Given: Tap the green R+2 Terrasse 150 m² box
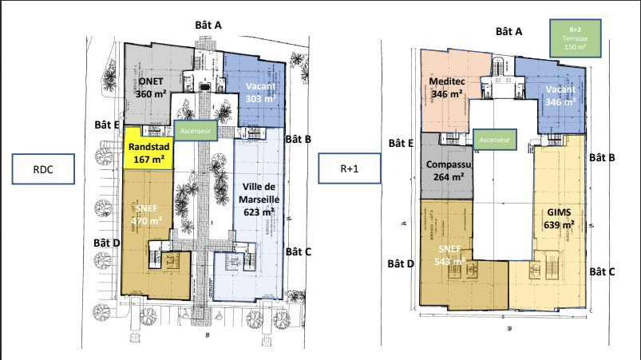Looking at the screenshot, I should pyautogui.click(x=575, y=38).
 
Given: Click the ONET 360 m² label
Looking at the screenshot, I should pyautogui.click(x=151, y=88).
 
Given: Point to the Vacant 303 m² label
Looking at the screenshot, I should pyautogui.click(x=261, y=93).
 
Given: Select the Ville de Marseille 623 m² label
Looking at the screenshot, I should pyautogui.click(x=259, y=200).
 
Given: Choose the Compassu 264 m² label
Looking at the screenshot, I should pyautogui.click(x=448, y=172).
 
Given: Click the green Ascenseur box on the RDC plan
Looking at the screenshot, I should pyautogui.click(x=196, y=130).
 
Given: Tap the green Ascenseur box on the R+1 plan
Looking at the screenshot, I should pyautogui.click(x=495, y=139).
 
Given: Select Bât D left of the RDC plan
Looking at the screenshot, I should pyautogui.click(x=105, y=242).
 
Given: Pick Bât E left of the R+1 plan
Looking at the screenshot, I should pyautogui.click(x=401, y=143).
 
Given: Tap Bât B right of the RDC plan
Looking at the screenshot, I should pyautogui.click(x=297, y=138).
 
